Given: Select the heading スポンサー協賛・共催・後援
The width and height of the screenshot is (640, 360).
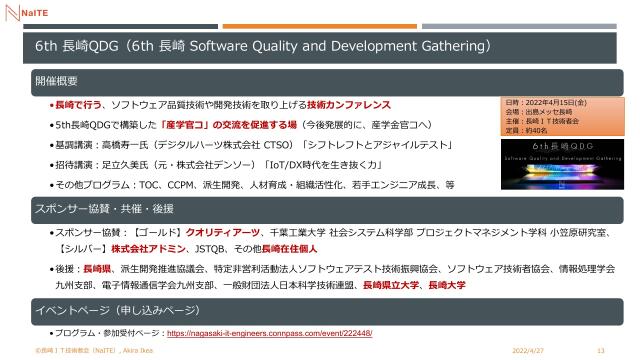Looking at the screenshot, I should [97, 208].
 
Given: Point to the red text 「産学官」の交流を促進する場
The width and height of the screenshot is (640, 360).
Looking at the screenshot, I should [217, 125].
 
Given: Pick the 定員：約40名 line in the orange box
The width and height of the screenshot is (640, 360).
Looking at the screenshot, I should [534, 129].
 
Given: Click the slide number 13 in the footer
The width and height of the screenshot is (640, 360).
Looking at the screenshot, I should [600, 350].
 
